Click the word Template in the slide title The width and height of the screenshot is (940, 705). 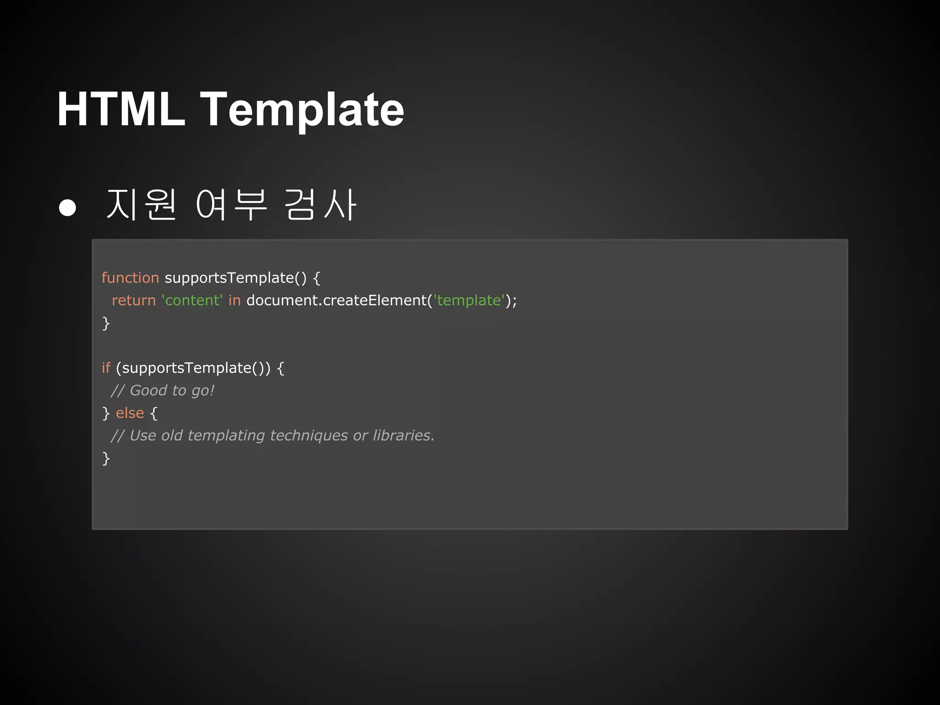302,110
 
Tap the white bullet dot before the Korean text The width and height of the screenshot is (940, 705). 67,207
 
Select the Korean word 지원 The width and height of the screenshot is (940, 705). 141,205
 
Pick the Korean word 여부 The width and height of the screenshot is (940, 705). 231,205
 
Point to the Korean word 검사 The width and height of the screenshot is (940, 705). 320,205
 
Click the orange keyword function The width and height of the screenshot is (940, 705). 130,278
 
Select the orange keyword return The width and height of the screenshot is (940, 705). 134,300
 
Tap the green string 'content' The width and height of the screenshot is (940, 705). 192,300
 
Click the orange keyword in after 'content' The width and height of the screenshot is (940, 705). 234,300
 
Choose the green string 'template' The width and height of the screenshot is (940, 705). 469,300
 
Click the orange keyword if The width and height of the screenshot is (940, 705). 106,368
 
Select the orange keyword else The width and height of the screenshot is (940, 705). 130,413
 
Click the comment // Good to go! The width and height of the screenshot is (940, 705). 162,391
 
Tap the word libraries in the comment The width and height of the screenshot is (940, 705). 403,435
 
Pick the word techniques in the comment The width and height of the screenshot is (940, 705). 309,435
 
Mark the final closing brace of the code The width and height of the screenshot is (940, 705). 106,458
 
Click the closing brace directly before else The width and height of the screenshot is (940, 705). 106,413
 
